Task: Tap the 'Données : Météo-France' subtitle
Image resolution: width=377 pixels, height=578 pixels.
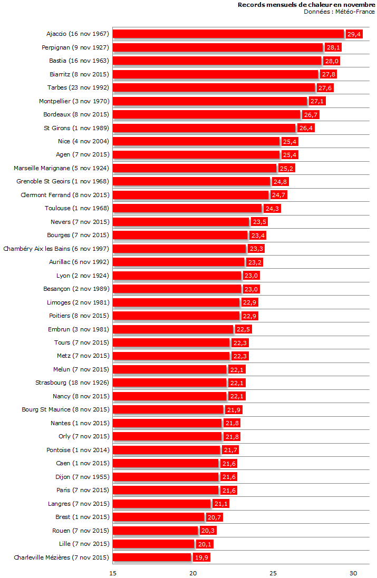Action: coord(339,12)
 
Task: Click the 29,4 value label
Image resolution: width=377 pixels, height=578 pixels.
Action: coord(354,34)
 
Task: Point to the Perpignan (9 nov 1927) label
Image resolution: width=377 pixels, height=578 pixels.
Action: coord(75,47)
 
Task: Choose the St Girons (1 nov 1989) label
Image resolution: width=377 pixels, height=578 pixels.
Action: coord(76,128)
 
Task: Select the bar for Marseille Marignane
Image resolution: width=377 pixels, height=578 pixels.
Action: coord(195,168)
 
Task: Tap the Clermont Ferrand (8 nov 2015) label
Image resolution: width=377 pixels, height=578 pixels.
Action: coord(64,195)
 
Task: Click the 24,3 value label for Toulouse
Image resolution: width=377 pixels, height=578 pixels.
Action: coord(272,209)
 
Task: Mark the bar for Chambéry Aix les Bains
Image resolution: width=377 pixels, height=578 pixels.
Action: coord(179,249)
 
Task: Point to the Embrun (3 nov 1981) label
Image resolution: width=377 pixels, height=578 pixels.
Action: coord(78,329)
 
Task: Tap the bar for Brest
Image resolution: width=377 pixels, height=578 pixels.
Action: coord(158,517)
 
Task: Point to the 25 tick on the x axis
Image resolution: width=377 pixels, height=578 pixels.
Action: coord(273,573)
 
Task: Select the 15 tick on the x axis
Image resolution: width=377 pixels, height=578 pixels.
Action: coord(113,573)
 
